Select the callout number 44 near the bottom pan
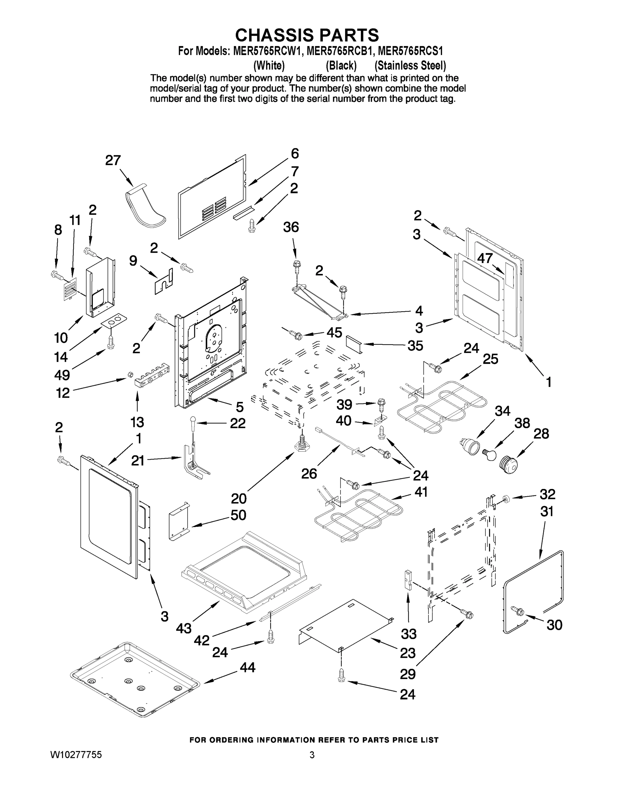(x=248, y=667)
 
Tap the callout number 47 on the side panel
(x=485, y=258)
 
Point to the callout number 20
(x=239, y=498)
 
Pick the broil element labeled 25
(x=443, y=407)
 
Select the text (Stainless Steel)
(x=410, y=66)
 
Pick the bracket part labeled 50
(x=179, y=521)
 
